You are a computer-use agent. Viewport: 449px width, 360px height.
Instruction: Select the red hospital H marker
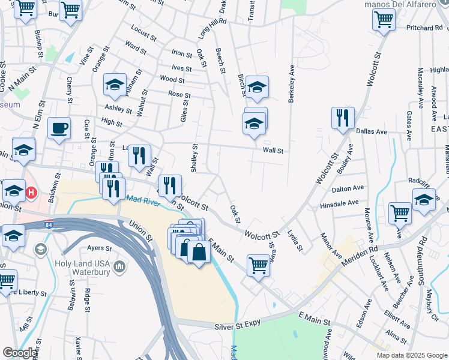[32, 193]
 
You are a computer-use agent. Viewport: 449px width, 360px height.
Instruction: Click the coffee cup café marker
[59, 128]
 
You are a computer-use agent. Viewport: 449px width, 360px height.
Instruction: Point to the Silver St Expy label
[238, 326]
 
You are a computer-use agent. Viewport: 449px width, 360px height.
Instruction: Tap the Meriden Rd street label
[360, 256]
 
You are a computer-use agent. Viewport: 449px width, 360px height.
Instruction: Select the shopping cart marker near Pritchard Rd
[384, 19]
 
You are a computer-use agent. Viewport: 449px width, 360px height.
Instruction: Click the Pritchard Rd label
[423, 28]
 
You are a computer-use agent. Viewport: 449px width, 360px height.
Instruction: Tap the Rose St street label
[179, 95]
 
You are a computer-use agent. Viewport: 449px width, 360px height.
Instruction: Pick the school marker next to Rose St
[115, 85]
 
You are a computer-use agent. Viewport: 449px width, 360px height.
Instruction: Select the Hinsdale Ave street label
[339, 203]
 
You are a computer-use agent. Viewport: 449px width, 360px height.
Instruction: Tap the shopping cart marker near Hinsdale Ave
[400, 212]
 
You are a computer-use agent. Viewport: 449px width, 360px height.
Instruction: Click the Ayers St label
[100, 248]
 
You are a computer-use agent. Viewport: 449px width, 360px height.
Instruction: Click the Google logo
[20, 353]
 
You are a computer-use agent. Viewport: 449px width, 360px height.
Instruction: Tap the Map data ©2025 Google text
[411, 355]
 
